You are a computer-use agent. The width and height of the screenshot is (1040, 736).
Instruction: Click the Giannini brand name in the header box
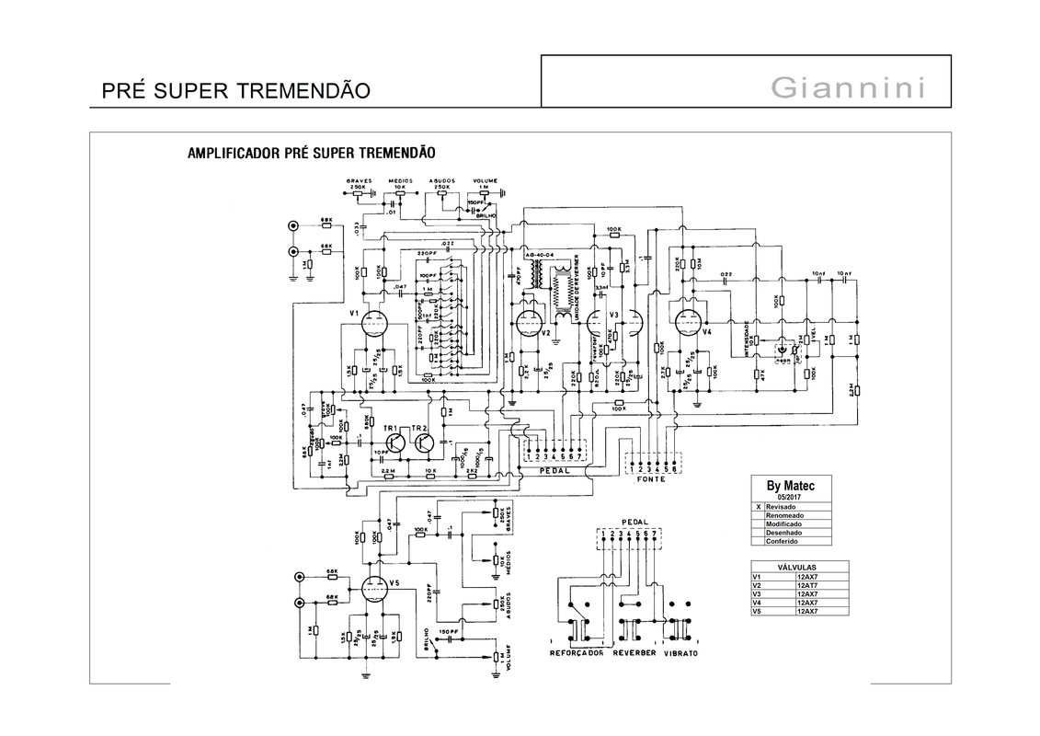pyautogui.click(x=847, y=88)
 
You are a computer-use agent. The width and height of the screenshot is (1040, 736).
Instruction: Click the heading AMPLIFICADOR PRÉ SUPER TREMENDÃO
pyautogui.click(x=311, y=152)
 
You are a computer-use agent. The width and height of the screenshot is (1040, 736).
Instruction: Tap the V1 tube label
pyautogui.click(x=354, y=314)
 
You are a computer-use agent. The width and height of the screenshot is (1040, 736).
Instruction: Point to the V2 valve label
pyautogui.click(x=545, y=332)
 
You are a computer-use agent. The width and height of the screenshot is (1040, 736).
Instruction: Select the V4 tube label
pyautogui.click(x=707, y=332)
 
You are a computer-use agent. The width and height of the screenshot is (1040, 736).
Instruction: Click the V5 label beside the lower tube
pyautogui.click(x=394, y=583)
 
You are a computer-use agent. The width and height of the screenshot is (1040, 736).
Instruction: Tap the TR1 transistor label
pyautogui.click(x=390, y=429)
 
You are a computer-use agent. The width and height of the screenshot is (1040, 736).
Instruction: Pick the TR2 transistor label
pyautogui.click(x=419, y=429)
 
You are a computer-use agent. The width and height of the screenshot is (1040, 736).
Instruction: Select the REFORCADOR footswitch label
pyautogui.click(x=577, y=652)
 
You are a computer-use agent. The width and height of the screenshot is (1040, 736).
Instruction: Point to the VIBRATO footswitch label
pyautogui.click(x=680, y=652)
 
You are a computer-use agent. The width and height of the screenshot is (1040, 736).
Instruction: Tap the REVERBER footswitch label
pyautogui.click(x=632, y=652)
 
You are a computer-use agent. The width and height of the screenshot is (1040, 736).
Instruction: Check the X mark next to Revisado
pyautogui.click(x=758, y=507)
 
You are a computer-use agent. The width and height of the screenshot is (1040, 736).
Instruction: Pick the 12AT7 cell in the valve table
pyautogui.click(x=809, y=585)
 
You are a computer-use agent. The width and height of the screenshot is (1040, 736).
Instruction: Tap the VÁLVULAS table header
pyautogui.click(x=798, y=568)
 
